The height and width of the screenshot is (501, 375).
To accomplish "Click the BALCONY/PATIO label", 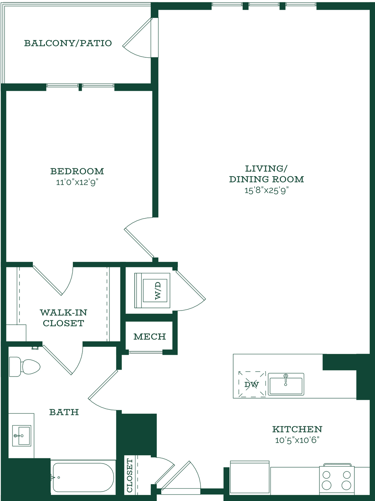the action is pos(68,43).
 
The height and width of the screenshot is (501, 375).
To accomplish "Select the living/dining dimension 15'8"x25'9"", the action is pos(267,190).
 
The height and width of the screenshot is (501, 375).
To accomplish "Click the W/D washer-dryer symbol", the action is pos(152,290).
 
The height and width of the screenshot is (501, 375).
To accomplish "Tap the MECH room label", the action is pos(150,336).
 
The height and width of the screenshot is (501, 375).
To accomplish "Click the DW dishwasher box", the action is pos(252,384).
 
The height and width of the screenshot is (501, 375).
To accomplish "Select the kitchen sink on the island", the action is pos(286,384).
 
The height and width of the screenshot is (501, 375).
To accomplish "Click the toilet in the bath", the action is pos(25,367).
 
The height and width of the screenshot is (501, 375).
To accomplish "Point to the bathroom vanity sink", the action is pos(22,435).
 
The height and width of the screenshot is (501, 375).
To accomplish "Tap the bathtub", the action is pos(83,477).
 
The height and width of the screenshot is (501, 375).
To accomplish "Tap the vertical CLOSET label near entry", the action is pos(129,475).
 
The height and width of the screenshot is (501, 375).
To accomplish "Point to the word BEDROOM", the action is pos(77,171).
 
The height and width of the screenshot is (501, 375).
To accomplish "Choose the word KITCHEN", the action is pos(297,429).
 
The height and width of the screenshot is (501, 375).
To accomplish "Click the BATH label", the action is pos(64,412).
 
